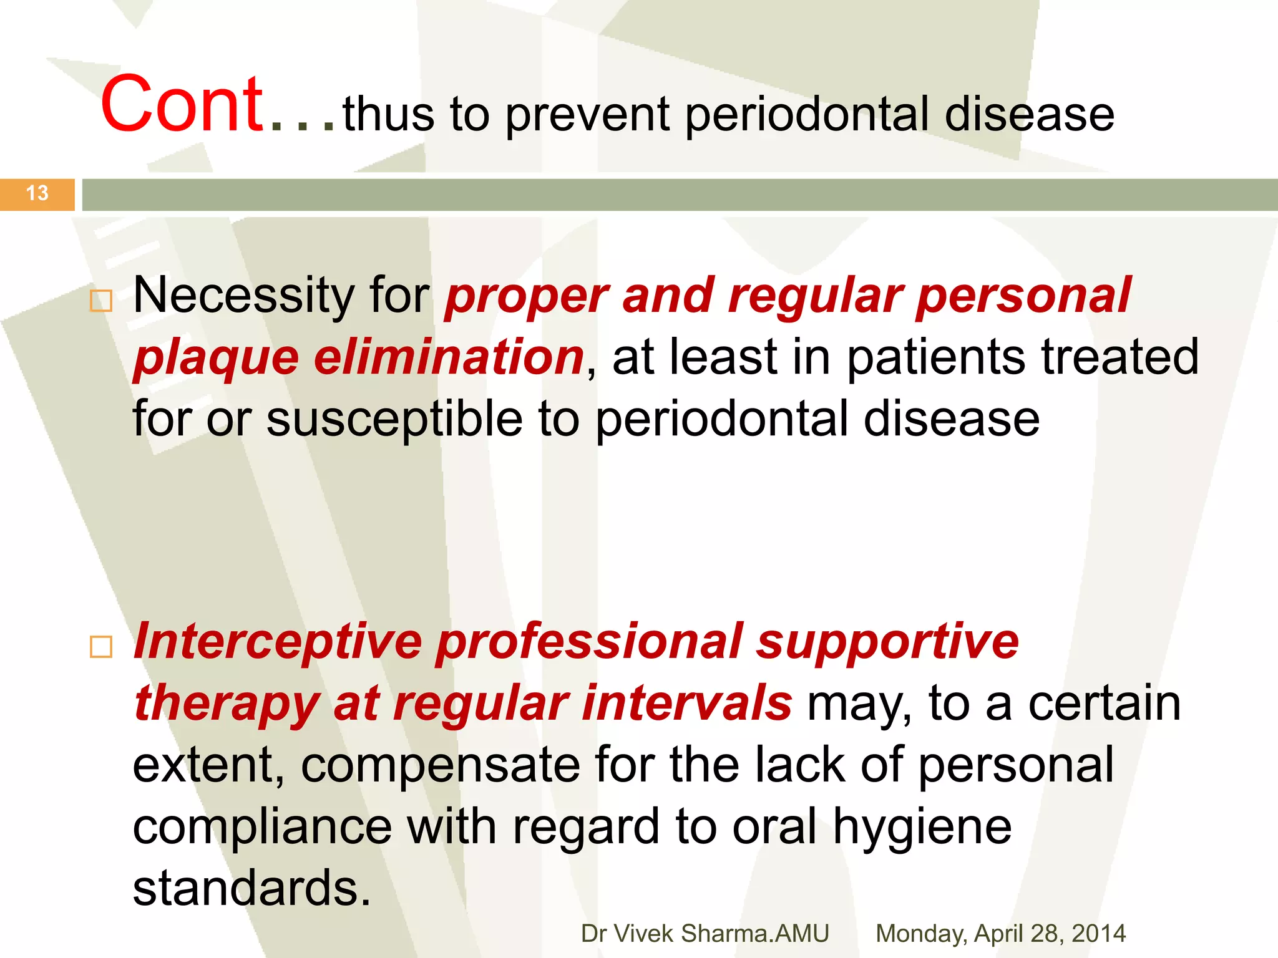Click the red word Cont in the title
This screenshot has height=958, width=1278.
tap(182, 105)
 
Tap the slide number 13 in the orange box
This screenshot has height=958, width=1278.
tap(37, 193)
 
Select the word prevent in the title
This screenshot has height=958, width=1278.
tap(587, 116)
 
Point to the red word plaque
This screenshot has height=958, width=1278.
tap(216, 359)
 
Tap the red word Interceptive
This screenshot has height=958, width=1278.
tap(278, 642)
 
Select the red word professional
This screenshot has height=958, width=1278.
tap(589, 642)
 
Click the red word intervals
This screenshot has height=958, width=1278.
tap(687, 703)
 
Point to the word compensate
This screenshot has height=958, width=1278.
tap(440, 766)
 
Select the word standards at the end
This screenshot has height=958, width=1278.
tap(251, 888)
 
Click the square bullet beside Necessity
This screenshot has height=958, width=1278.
tap(101, 301)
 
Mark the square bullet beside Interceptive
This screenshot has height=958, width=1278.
tap(101, 647)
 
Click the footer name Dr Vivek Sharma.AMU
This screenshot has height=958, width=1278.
tap(705, 934)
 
